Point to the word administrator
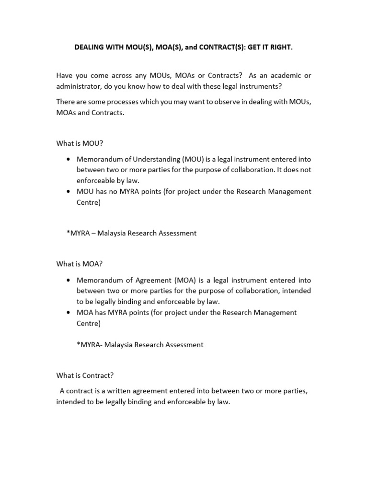coord(78,86)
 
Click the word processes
coord(133,102)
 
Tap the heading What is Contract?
coord(85,375)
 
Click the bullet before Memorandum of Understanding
coord(70,159)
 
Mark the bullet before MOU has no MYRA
coord(70,192)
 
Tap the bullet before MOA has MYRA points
coord(70,313)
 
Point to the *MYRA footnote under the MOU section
coord(132,233)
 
